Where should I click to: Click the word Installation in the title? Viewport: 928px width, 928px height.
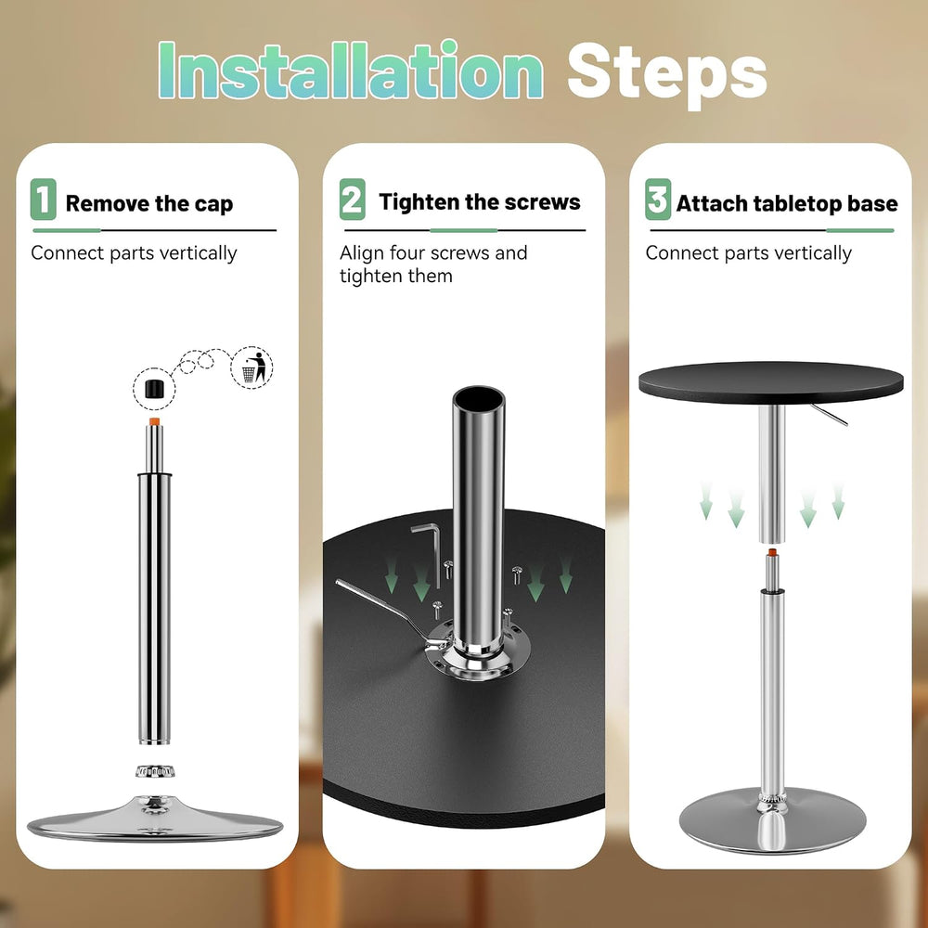click(x=351, y=70)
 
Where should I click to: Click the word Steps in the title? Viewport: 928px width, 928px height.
click(x=667, y=74)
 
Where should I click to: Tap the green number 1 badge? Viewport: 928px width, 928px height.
click(x=44, y=200)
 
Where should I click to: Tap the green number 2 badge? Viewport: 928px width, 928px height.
click(x=352, y=200)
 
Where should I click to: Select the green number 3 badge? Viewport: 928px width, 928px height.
click(x=658, y=200)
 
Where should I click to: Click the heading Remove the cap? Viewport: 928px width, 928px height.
click(x=149, y=203)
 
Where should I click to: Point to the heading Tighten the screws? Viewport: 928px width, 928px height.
click(x=480, y=201)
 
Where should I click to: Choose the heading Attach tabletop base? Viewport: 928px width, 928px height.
click(x=787, y=203)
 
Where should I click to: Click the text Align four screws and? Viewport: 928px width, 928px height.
click(x=433, y=252)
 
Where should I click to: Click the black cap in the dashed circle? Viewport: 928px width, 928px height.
click(x=154, y=389)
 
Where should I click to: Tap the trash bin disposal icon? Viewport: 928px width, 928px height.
click(x=251, y=367)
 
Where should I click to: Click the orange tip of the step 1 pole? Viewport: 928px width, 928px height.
click(x=154, y=421)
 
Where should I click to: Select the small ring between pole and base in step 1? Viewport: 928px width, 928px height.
click(x=155, y=771)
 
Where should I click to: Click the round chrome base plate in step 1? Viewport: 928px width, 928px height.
click(x=155, y=819)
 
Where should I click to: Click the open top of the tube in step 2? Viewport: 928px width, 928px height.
click(x=479, y=398)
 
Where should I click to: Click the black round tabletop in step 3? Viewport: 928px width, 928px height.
click(x=770, y=382)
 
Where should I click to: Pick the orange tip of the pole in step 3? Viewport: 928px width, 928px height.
click(x=772, y=553)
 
